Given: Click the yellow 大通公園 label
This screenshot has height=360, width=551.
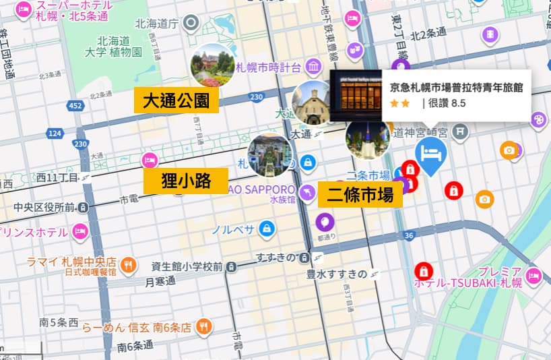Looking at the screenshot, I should pyautogui.click(x=176, y=101).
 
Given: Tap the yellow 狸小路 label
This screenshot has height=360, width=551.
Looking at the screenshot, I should pyautogui.click(x=186, y=181).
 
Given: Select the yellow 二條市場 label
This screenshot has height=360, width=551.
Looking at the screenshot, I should pyautogui.click(x=360, y=195).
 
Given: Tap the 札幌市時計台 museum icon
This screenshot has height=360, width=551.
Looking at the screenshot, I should pyautogui.click(x=313, y=67).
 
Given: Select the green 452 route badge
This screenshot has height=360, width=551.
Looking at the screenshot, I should pyautogui.click(x=75, y=106).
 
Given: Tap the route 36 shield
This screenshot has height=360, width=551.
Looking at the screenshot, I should pyautogui.click(x=409, y=235).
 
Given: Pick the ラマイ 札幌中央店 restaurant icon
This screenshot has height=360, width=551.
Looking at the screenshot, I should pyautogui.click(x=130, y=263).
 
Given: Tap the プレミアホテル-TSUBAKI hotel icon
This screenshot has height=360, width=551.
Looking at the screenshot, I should pyautogui.click(x=534, y=275).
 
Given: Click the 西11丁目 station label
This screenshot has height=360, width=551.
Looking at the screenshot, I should pyautogui.click(x=59, y=177).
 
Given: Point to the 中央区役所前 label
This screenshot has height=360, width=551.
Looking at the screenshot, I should pyautogui.click(x=47, y=206).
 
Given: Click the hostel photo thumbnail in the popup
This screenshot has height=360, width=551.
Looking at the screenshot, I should pyautogui.click(x=356, y=95).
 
